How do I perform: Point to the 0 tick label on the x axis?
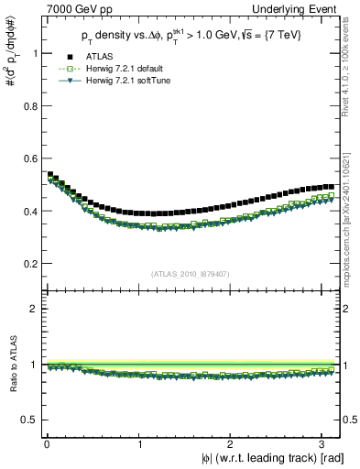[x=47, y=442]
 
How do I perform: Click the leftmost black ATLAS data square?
[x=49, y=174]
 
